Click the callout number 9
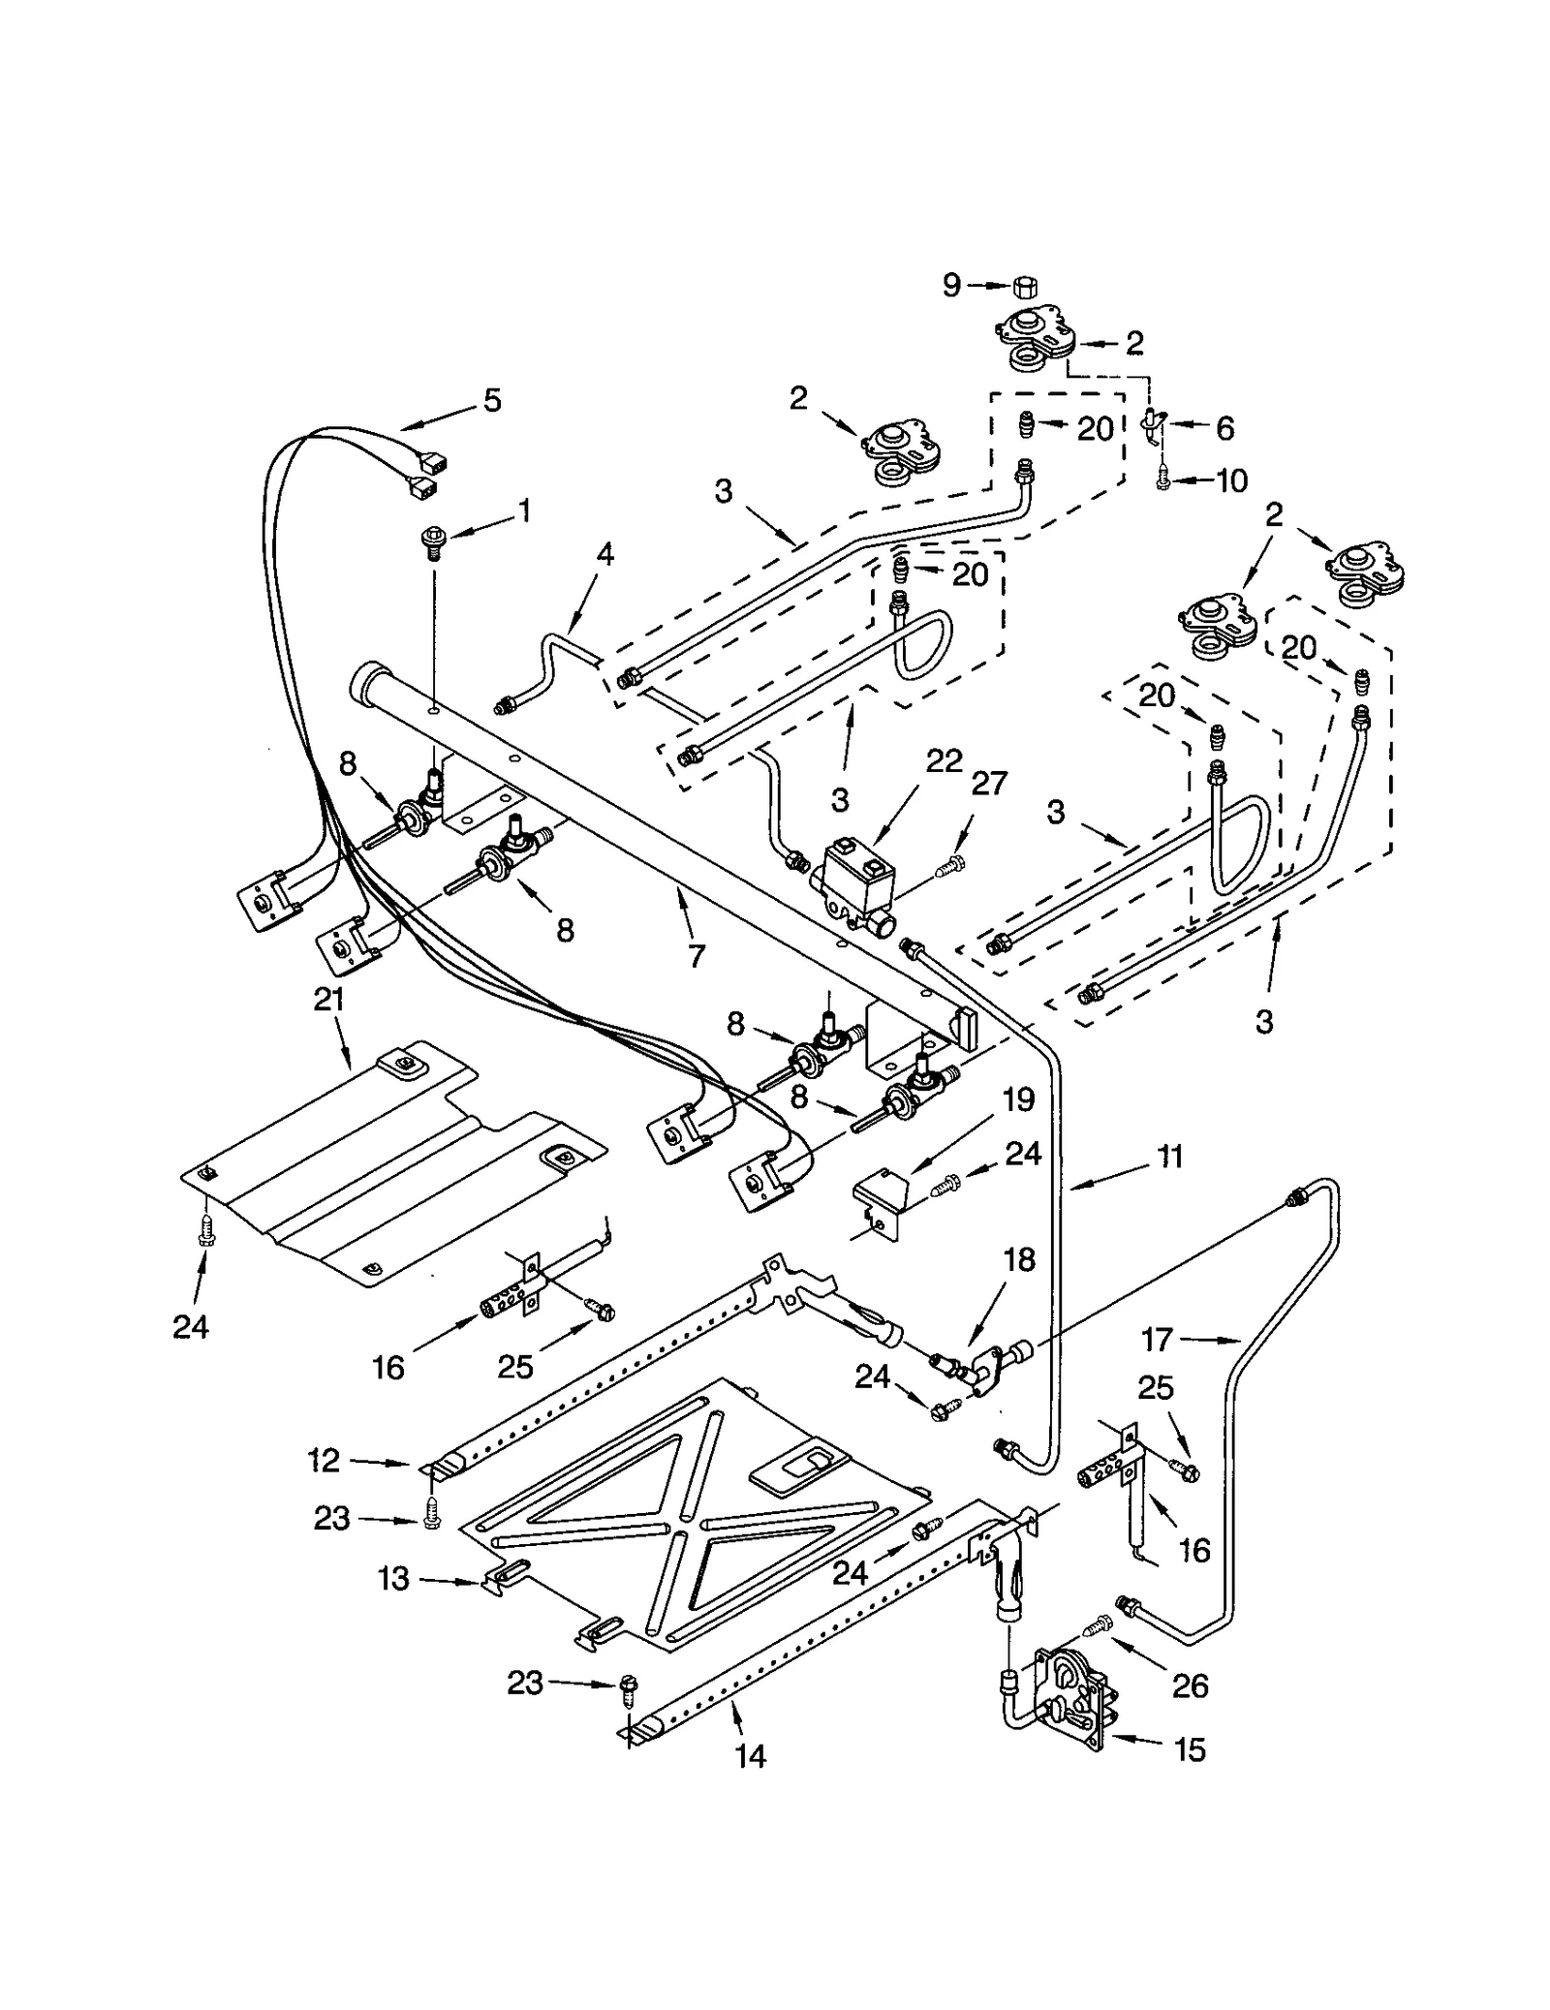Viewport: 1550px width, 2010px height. [x=951, y=285]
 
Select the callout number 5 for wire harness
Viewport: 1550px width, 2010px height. [x=492, y=400]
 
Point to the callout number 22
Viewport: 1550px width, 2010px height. [x=943, y=760]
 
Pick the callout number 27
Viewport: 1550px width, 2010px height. [x=989, y=783]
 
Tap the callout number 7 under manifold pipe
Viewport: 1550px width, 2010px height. [x=696, y=954]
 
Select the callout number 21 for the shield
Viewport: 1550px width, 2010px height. [x=329, y=999]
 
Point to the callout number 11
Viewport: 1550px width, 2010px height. [x=1169, y=1157]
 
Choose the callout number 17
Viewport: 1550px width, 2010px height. [x=1157, y=1340]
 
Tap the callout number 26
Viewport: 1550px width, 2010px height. [x=1190, y=1685]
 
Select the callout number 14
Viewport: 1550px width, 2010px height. [x=750, y=1755]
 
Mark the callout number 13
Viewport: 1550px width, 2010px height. [x=393, y=1578]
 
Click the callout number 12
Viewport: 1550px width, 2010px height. [x=324, y=1460]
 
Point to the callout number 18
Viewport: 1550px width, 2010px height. [x=1019, y=1259]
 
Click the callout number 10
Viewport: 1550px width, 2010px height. [x=1230, y=480]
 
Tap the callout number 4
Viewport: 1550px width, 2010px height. [x=604, y=554]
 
